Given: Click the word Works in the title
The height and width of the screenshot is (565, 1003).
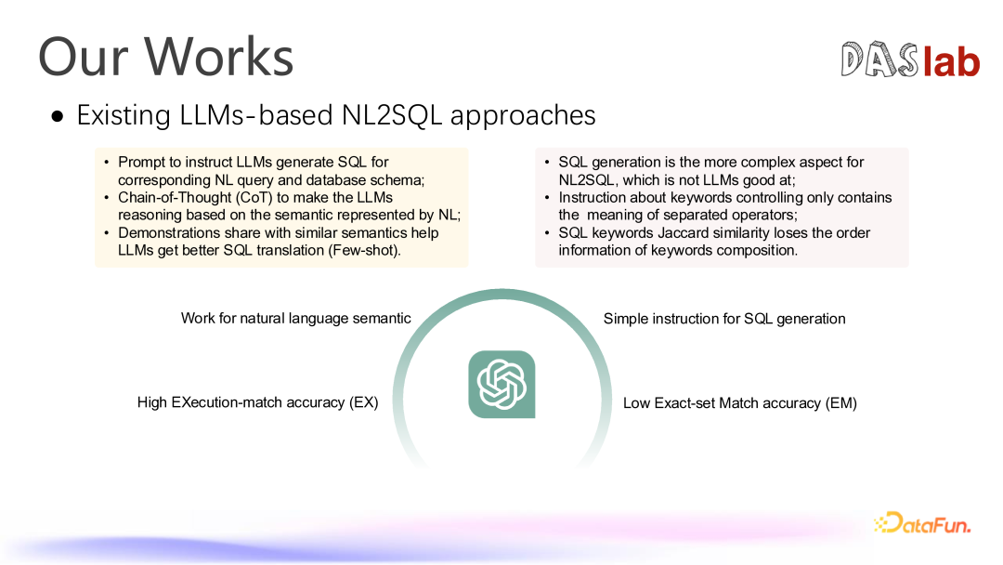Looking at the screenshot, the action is (218, 57).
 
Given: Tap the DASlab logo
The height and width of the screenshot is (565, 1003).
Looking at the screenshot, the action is (910, 59).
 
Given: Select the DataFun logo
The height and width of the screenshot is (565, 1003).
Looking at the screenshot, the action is (922, 523).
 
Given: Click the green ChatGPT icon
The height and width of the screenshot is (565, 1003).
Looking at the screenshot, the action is (501, 384).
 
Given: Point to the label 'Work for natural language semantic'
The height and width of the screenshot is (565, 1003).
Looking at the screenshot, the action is (295, 318).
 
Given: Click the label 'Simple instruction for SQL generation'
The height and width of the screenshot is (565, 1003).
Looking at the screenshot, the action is (724, 319).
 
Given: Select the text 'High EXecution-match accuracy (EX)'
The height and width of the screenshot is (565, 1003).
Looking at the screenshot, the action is (258, 402).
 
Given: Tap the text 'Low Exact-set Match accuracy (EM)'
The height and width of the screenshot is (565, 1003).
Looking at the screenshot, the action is (740, 403).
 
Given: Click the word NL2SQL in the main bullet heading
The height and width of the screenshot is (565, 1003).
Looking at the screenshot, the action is (392, 115).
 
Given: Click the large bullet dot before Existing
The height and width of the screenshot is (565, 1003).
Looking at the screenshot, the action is (59, 116).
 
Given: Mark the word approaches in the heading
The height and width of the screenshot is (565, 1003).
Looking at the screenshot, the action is (523, 116).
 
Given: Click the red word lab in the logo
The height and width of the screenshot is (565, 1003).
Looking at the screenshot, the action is (951, 61).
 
